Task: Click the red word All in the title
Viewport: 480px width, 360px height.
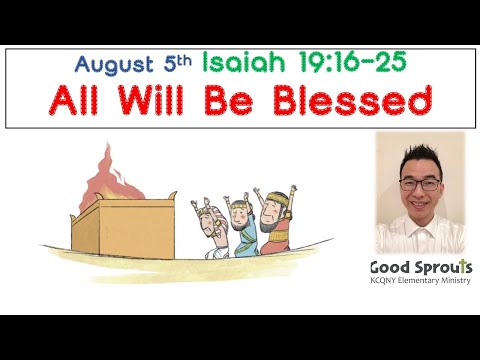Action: coord(77,103)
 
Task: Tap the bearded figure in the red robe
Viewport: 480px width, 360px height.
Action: coord(278,222)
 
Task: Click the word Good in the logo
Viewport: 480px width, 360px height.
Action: coord(390,268)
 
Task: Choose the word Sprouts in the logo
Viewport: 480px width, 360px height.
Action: coord(441,268)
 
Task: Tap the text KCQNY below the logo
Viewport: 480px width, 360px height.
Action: coord(385,283)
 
